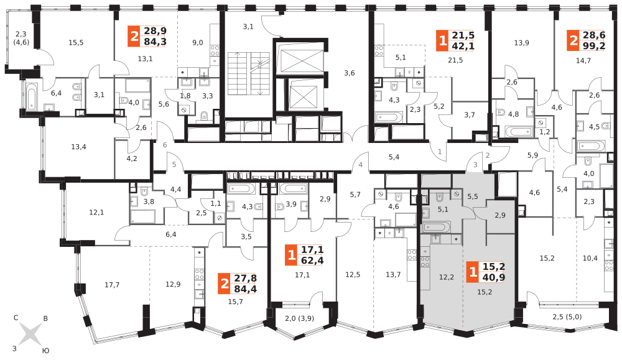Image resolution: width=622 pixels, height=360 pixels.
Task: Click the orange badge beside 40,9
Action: [473, 272]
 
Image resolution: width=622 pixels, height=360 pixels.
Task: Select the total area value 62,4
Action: [311, 261]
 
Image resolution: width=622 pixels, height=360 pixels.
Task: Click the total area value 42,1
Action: [463, 45]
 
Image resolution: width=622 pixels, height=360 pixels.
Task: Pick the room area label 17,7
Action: [112, 285]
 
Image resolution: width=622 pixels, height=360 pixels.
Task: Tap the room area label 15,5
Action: [76, 42]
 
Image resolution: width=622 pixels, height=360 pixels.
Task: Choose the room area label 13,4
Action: [78, 147]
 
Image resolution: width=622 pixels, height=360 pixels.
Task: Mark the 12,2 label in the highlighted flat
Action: [447, 277]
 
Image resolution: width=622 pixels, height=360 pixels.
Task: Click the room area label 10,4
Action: [590, 258]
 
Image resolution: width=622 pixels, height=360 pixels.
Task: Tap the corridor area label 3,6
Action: [350, 73]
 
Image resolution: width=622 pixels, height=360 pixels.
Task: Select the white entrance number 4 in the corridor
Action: [360, 165]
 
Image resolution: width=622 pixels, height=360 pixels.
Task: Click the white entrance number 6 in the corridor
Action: [165, 145]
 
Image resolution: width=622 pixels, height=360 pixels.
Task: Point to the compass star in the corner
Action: [30, 333]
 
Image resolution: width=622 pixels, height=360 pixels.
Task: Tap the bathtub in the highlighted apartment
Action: [441, 227]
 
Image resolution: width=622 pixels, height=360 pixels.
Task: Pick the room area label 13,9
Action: [521, 42]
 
